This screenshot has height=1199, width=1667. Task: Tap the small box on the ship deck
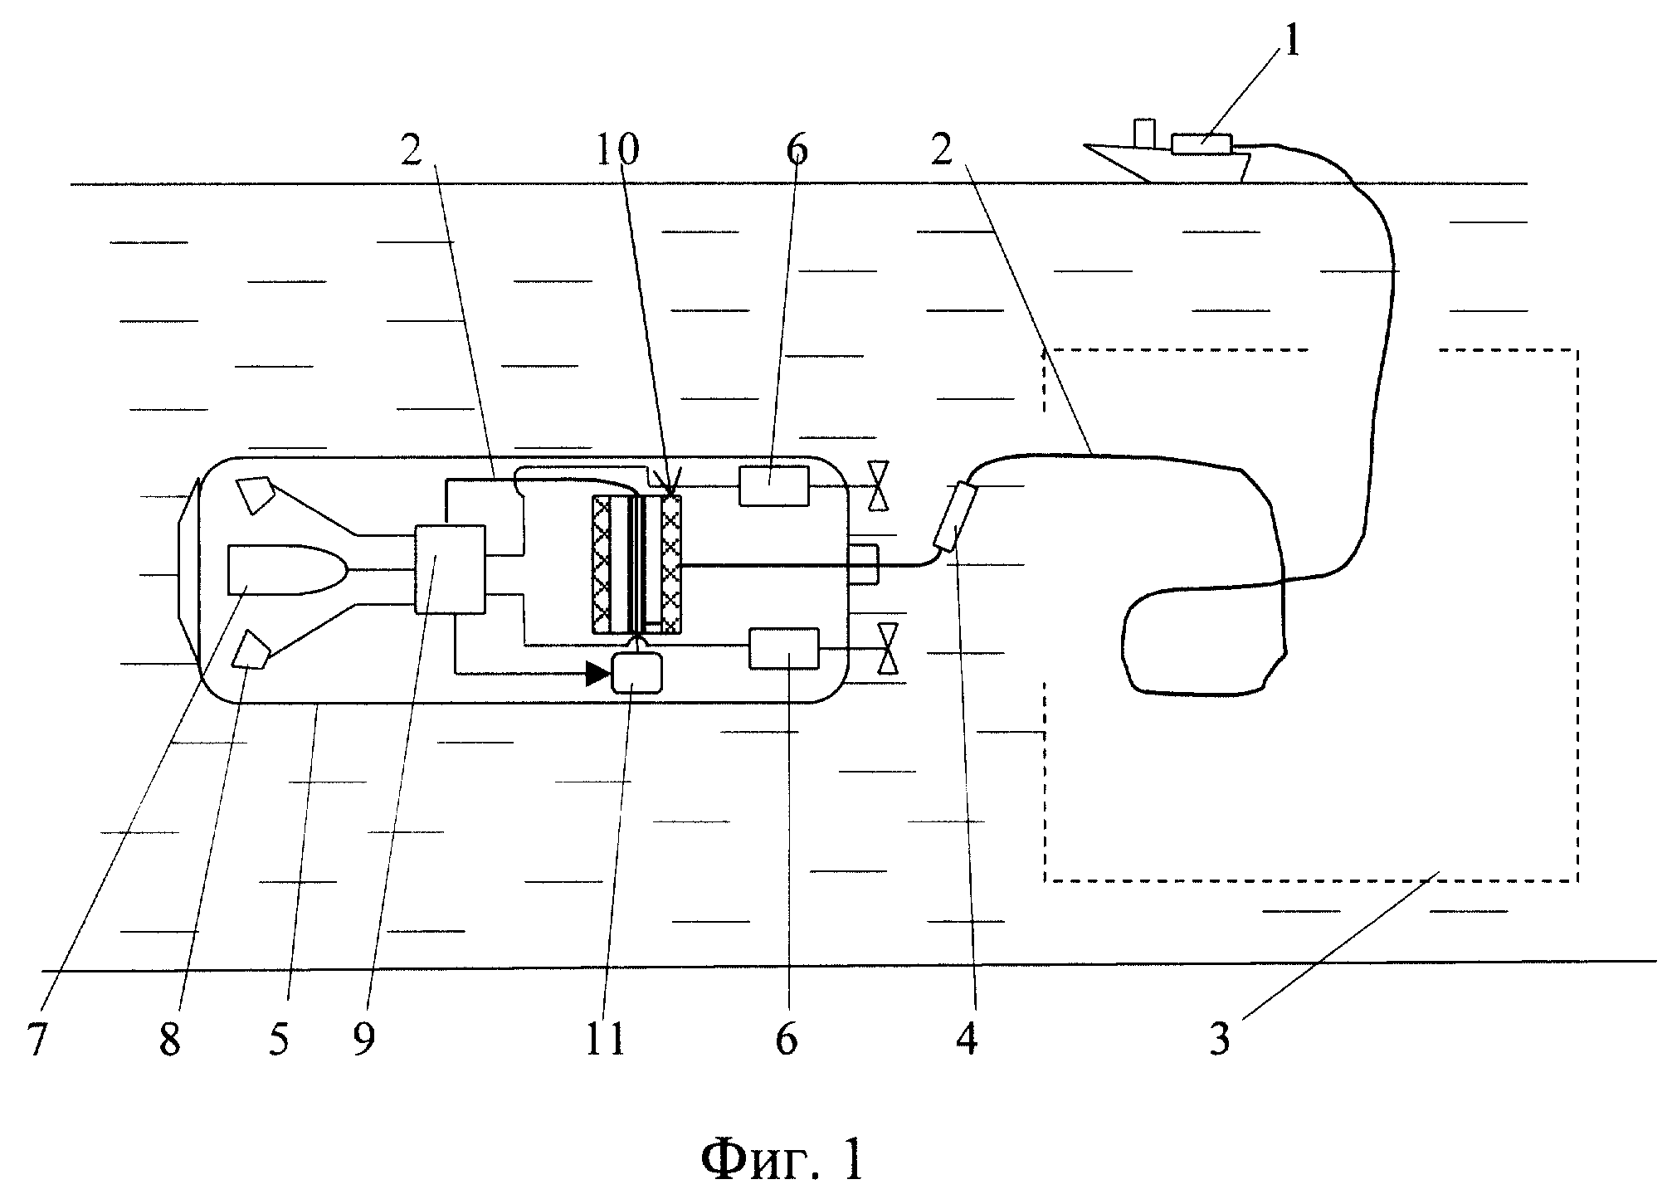[x=1202, y=144]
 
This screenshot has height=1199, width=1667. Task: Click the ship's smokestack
[x=1145, y=134]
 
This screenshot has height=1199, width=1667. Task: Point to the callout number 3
[x=1219, y=1039]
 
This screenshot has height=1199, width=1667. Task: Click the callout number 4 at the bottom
[x=967, y=1039]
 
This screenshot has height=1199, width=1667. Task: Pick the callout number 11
[x=605, y=1039]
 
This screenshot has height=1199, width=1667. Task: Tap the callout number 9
[x=363, y=1039]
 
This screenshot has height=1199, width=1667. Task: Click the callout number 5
[x=279, y=1039]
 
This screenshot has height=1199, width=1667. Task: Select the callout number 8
[x=170, y=1039]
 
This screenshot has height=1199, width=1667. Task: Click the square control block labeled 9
[x=450, y=568]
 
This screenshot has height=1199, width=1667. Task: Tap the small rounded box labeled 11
[x=636, y=672]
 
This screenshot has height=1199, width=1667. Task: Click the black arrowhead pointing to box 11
[x=597, y=673]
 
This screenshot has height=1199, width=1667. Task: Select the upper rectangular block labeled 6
[x=773, y=485]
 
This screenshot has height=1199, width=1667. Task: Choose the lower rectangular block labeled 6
[x=783, y=648]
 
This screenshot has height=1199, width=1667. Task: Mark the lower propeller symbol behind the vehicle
[x=888, y=648]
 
